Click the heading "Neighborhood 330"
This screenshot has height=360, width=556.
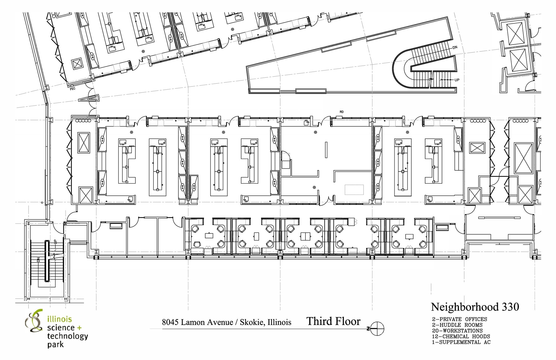click(x=475, y=307)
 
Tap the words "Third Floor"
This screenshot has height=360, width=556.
click(x=333, y=321)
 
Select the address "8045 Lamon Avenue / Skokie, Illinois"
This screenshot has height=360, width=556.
click(x=226, y=322)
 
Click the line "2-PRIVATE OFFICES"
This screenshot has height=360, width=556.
click(x=459, y=319)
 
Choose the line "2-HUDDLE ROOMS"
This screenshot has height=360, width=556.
click(x=457, y=325)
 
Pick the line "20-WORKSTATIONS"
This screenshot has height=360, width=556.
click(x=457, y=331)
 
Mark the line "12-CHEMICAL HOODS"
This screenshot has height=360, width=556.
click(x=461, y=336)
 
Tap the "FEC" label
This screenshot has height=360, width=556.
click(x=72, y=89)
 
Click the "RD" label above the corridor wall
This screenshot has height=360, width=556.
click(x=342, y=112)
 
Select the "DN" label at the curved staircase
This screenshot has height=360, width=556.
click(x=455, y=47)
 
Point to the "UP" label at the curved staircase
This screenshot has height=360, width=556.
click(x=457, y=80)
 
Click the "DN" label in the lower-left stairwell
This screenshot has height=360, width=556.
click(x=39, y=260)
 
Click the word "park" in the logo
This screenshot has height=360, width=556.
click(x=55, y=345)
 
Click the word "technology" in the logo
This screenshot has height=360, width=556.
click(x=68, y=336)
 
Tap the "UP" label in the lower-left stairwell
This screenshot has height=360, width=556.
click(x=55, y=241)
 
